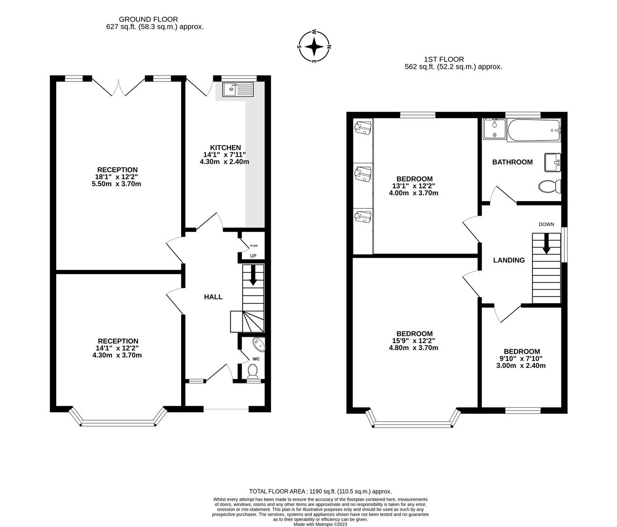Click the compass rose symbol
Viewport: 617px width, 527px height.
[x=315, y=47]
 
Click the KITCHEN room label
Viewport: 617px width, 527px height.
[x=225, y=147]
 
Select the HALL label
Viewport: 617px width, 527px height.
[x=213, y=297]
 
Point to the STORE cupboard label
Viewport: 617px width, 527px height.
[x=253, y=246]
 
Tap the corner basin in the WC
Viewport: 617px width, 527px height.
[x=258, y=345]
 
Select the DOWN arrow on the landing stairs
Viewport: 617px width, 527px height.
[x=546, y=243]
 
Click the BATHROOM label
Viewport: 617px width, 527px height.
[x=512, y=162]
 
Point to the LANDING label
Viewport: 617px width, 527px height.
[x=509, y=260]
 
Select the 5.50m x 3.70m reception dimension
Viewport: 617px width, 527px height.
[x=117, y=184]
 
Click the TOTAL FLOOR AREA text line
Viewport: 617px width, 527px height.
[x=320, y=491]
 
